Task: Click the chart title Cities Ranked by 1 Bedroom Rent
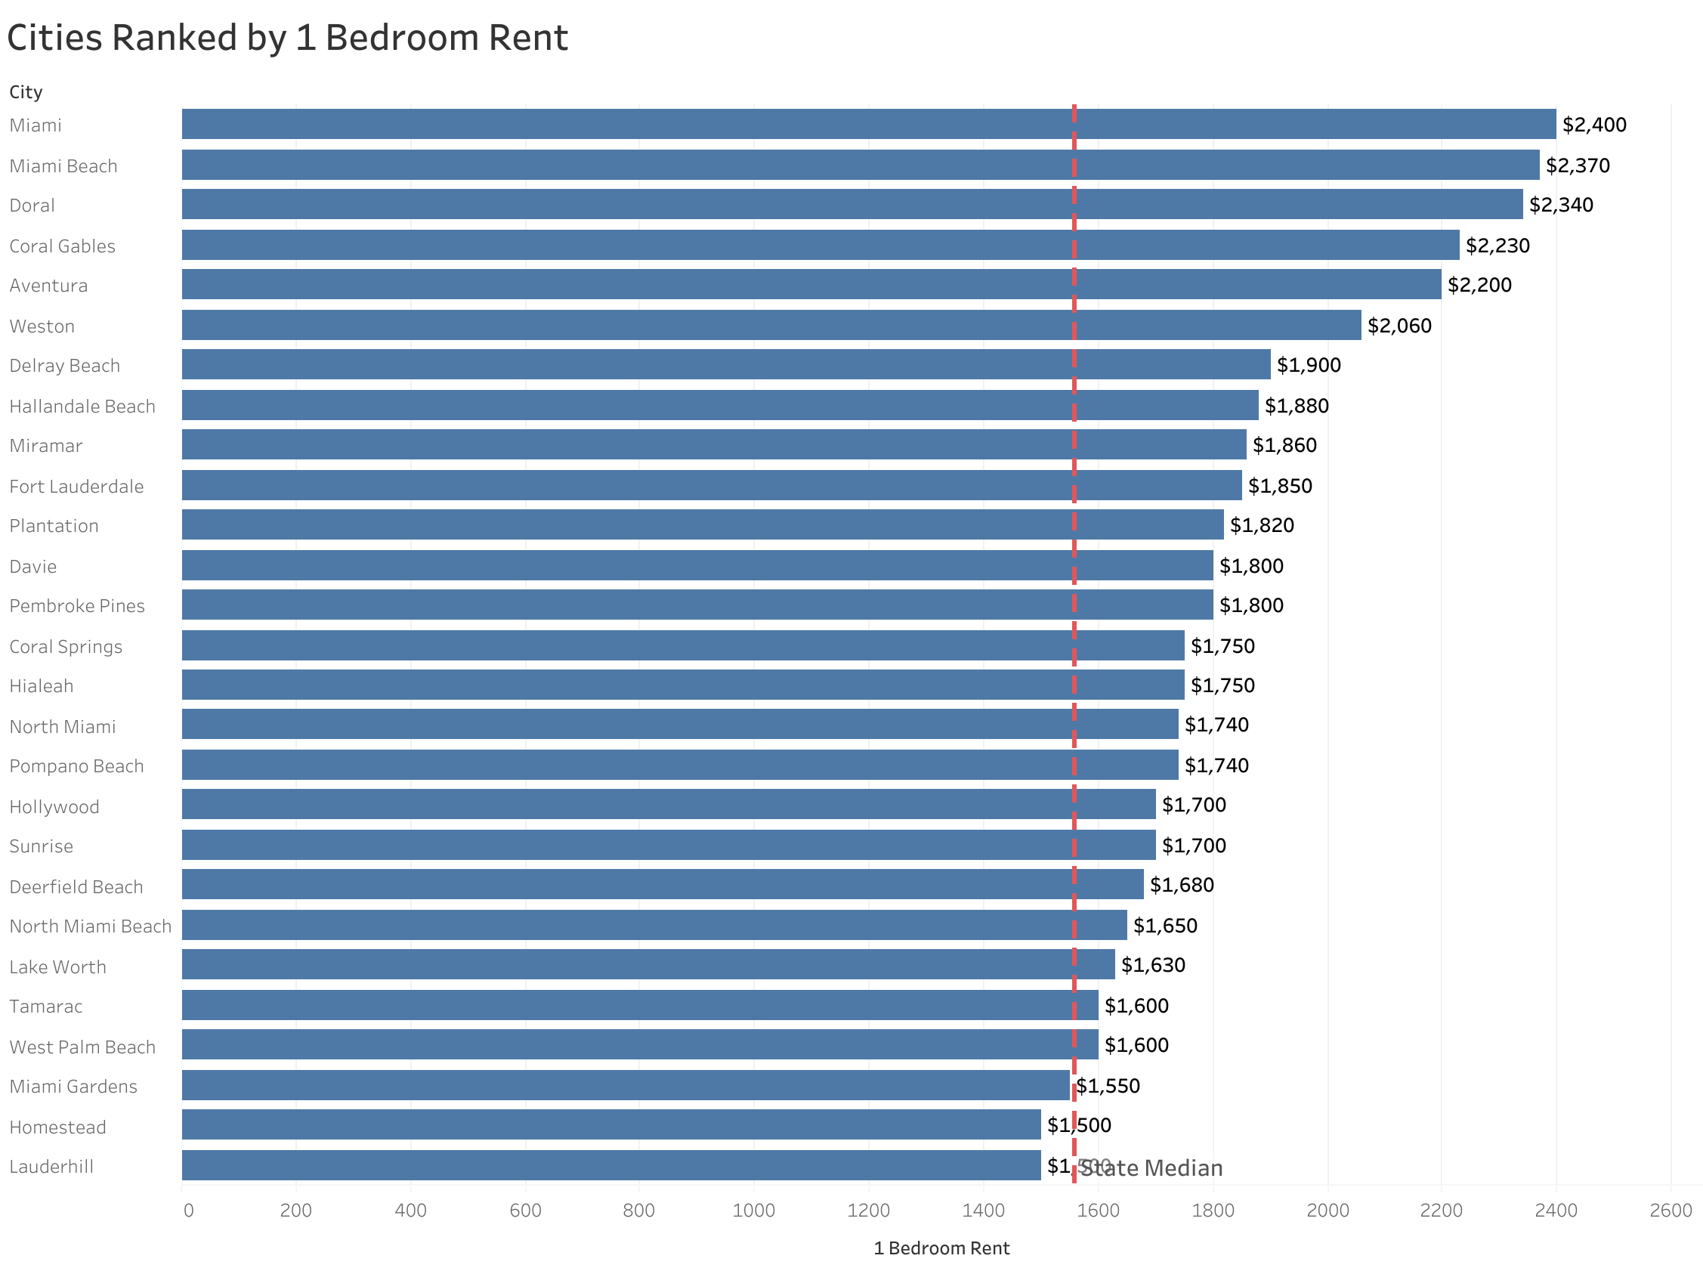pos(287,39)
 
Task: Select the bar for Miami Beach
pos(859,165)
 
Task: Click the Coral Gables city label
pos(62,246)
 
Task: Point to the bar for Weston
pos(770,325)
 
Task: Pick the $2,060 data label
pos(1399,326)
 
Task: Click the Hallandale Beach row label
pos(82,407)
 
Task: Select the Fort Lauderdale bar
pos(711,485)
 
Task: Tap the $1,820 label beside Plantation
pos(1261,525)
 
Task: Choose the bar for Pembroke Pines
pos(696,605)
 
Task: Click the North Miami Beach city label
pos(90,926)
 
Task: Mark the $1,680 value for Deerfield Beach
pos(1181,885)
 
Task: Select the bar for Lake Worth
pos(648,964)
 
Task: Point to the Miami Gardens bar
pos(625,1086)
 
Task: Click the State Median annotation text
pos(1151,1169)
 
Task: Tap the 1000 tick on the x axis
pos(753,1211)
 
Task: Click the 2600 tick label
pos(1670,1211)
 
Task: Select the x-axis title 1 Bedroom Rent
pos(941,1248)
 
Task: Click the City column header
pos(26,92)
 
